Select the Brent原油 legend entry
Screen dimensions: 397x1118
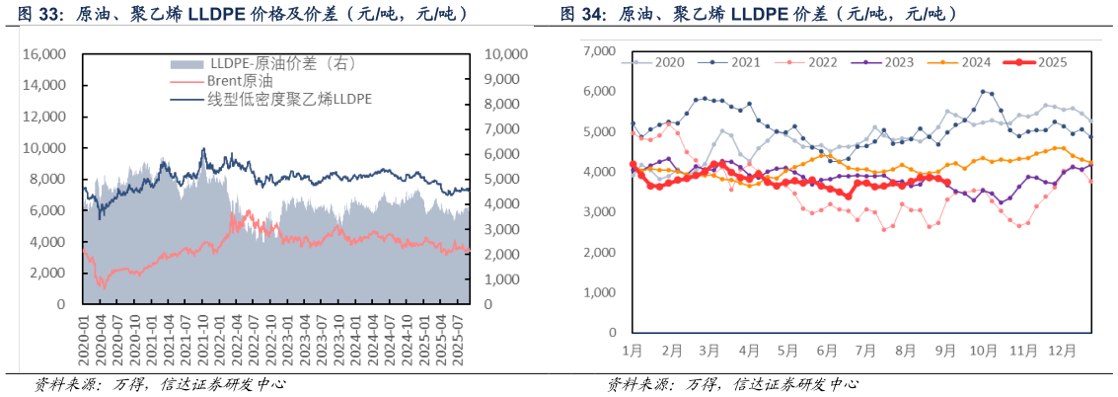[238, 82]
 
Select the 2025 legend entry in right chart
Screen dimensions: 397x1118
[1059, 62]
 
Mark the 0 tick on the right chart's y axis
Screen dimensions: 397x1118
[611, 333]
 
